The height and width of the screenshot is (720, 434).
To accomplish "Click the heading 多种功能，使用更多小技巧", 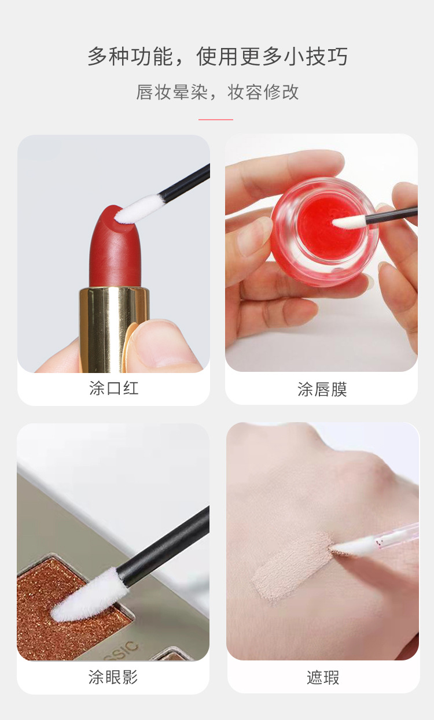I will click(x=217, y=57).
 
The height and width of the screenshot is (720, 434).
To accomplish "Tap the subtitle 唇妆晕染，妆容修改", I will click(x=217, y=92).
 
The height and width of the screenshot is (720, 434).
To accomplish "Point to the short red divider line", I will click(x=215, y=119).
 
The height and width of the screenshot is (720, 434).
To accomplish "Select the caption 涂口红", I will click(x=114, y=388).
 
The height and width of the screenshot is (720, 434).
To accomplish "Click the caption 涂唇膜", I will click(x=322, y=389).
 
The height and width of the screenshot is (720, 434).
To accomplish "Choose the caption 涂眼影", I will click(x=113, y=677).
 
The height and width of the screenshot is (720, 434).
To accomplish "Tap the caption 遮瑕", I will click(x=323, y=677).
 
